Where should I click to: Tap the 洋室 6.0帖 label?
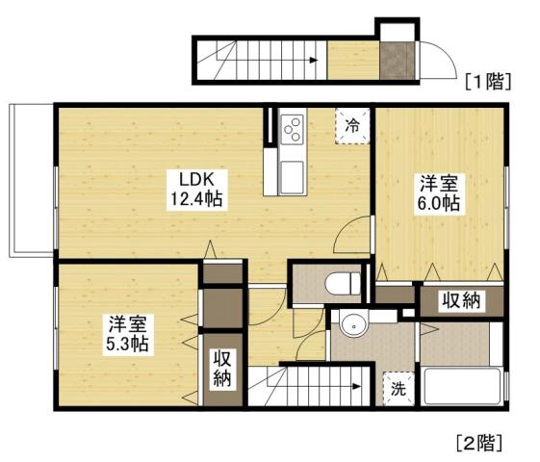(437, 192)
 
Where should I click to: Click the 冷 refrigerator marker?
(353, 124)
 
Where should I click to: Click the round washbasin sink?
(355, 325)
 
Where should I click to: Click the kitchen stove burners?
(293, 128)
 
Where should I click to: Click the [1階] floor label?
(486, 80)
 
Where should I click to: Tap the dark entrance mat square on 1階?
(395, 61)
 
